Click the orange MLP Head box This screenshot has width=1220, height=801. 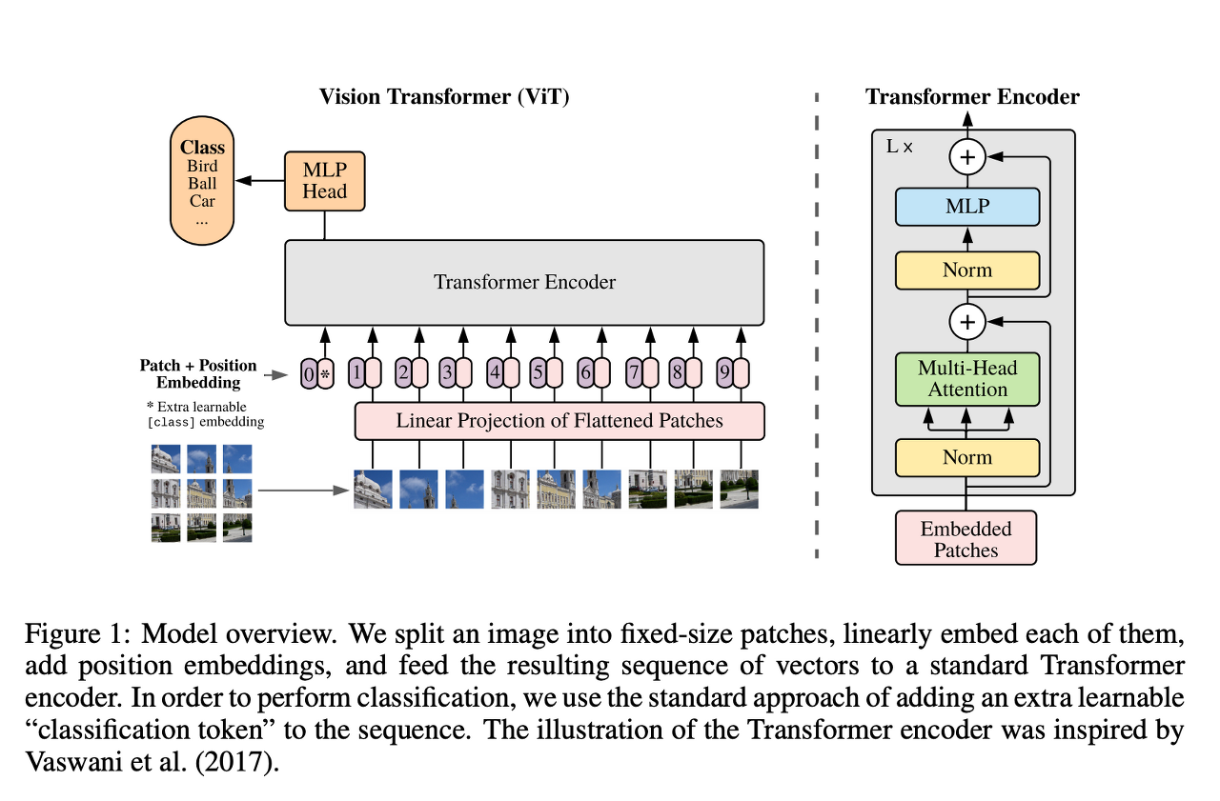coord(325,181)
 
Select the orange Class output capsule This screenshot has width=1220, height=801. coord(202,181)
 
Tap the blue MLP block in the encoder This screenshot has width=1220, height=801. coord(967,207)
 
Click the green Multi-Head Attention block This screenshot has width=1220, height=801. coord(967,379)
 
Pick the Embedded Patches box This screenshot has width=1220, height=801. coord(966,537)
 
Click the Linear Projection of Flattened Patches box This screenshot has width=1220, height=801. coord(559,421)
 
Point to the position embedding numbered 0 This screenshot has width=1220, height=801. coord(309,374)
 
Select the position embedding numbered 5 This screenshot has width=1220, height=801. coord(539,372)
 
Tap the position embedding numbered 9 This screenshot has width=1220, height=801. coord(725,372)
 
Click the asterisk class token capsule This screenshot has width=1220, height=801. coord(325,374)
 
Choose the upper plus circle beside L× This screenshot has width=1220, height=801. coord(967,157)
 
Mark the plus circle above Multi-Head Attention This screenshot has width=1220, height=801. coord(967,322)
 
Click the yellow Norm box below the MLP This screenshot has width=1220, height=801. coord(967,270)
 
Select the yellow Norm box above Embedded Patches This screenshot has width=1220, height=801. coord(967,457)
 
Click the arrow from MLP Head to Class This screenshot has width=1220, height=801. coord(260,181)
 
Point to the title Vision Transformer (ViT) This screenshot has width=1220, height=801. coord(444,97)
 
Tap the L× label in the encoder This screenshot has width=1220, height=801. coord(899,147)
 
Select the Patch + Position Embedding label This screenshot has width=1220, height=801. coord(198,374)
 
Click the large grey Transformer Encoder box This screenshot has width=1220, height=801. coord(524,283)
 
